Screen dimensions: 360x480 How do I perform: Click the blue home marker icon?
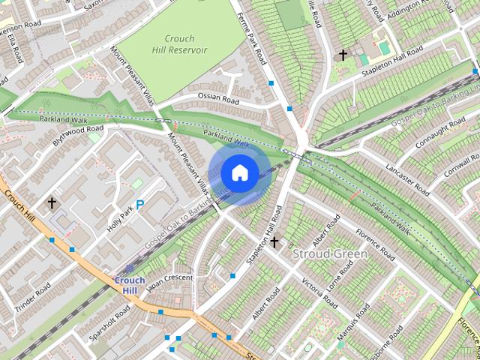pyautogui.click(x=239, y=173)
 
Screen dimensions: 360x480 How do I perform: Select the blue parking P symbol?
pyautogui.click(x=140, y=203)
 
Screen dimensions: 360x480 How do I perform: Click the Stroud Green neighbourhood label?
pyautogui.click(x=330, y=253)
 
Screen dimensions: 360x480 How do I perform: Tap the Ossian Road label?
pyautogui.click(x=218, y=98)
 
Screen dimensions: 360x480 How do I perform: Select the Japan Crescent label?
pyautogui.click(x=169, y=282)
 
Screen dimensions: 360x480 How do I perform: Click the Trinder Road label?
pyautogui.click(x=31, y=297)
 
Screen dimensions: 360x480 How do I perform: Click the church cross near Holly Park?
pyautogui.click(x=52, y=202)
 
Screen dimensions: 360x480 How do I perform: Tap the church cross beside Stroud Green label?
pyautogui.click(x=274, y=241)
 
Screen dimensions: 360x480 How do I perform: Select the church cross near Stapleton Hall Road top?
pyautogui.click(x=343, y=55)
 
